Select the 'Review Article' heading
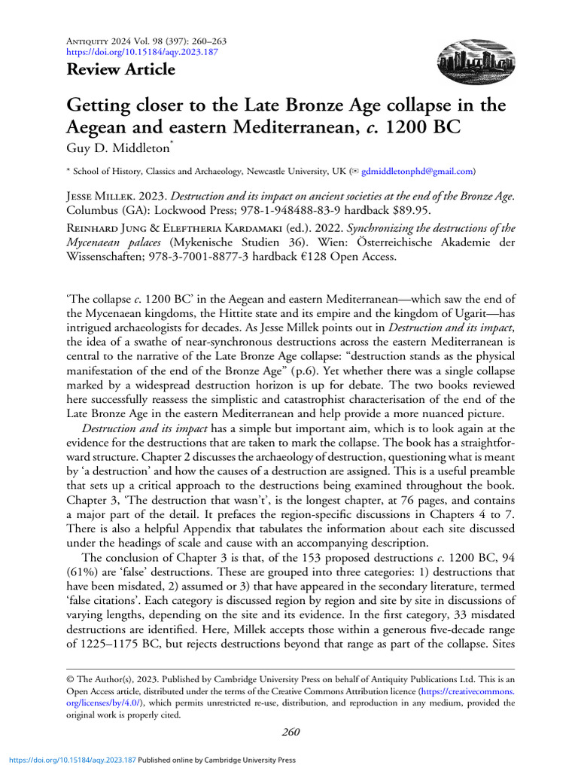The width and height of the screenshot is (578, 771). coord(120,70)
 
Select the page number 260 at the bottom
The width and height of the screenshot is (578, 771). coord(289,731)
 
